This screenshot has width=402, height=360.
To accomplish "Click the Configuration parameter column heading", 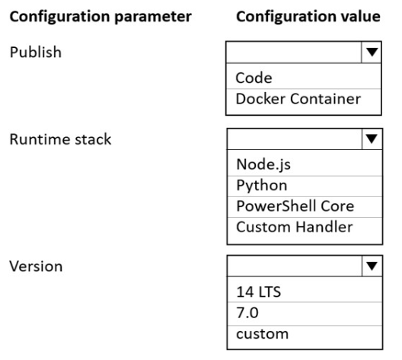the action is [x=100, y=17].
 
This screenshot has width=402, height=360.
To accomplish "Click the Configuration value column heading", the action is [x=308, y=17].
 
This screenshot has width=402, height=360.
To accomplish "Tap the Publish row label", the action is [x=36, y=53].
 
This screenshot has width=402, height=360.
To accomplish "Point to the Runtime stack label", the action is [x=60, y=139].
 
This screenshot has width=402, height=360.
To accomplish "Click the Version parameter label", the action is [x=36, y=266].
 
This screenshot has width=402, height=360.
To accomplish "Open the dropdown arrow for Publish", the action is [x=372, y=52].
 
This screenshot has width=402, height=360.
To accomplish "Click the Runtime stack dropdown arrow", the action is [x=372, y=139].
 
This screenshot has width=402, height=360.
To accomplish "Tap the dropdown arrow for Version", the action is [x=372, y=266].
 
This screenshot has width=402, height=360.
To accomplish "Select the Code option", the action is [x=254, y=78].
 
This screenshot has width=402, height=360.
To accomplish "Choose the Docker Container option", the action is [x=298, y=99].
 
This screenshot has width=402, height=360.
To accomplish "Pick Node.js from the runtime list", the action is [x=263, y=164].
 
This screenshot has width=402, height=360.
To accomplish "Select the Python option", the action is [x=261, y=186].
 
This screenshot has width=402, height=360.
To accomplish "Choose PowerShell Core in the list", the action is [x=295, y=206].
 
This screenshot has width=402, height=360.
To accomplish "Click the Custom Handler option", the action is [x=295, y=227].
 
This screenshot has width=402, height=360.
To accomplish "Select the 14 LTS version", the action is [x=258, y=292].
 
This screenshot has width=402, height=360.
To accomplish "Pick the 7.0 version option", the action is [x=247, y=313].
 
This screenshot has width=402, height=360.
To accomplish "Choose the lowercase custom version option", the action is [x=262, y=334].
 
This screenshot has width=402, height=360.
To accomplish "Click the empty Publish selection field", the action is [x=294, y=52].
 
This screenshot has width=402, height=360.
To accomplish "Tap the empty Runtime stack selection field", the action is [x=295, y=139].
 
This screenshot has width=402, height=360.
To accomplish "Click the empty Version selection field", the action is [x=295, y=266].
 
